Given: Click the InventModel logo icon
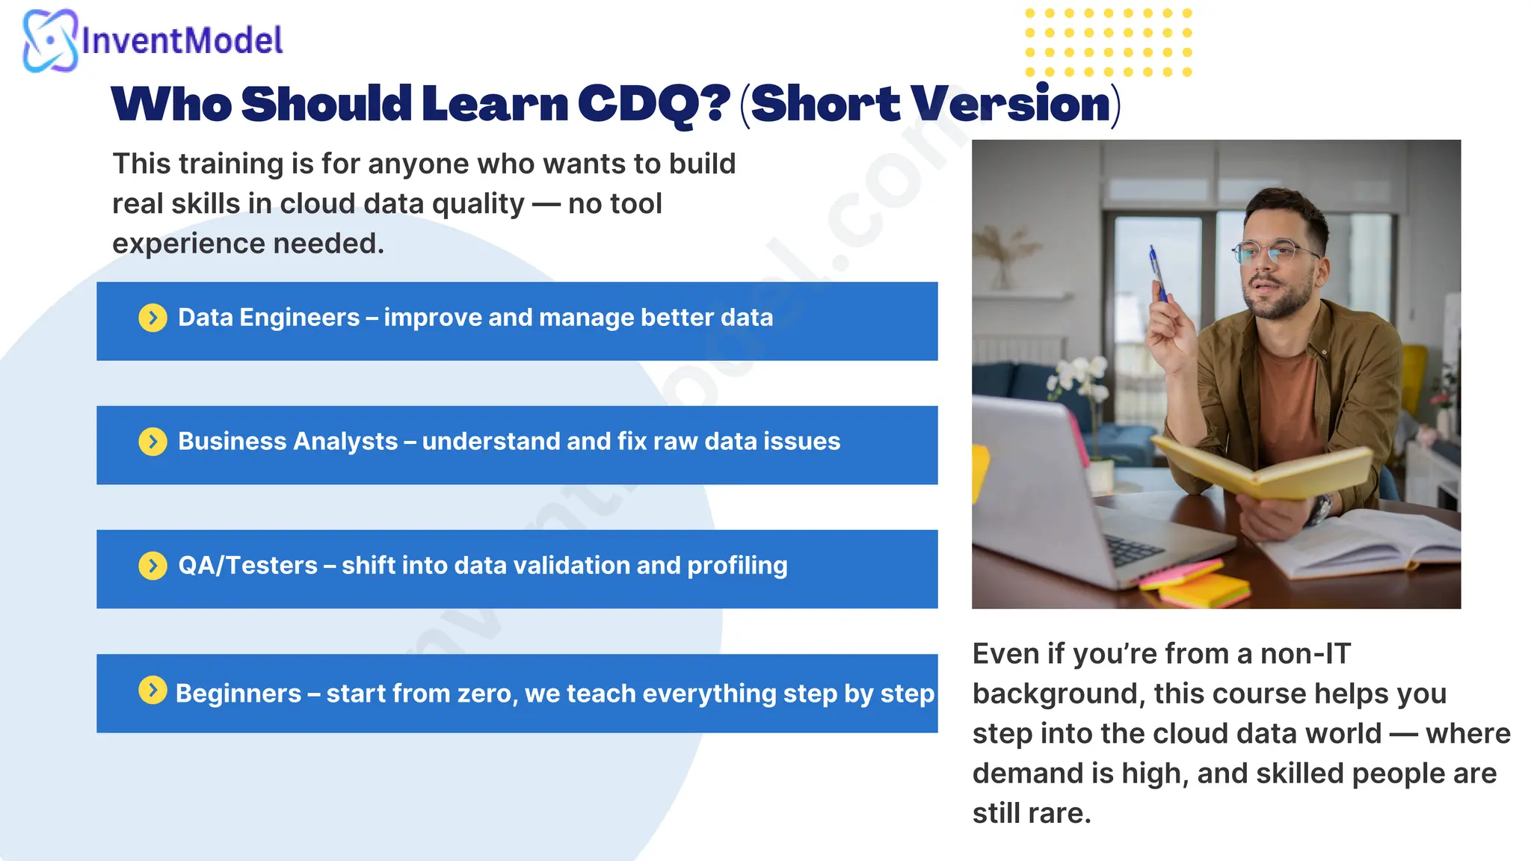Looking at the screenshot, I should click(49, 40).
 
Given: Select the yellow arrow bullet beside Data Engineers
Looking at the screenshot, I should click(153, 318).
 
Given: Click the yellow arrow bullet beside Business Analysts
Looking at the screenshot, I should click(153, 442).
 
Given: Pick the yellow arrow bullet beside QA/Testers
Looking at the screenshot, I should click(153, 566).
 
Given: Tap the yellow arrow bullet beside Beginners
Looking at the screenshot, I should click(153, 690).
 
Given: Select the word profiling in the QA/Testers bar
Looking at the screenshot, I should click(737, 566).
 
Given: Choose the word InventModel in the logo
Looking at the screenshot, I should click(182, 40).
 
